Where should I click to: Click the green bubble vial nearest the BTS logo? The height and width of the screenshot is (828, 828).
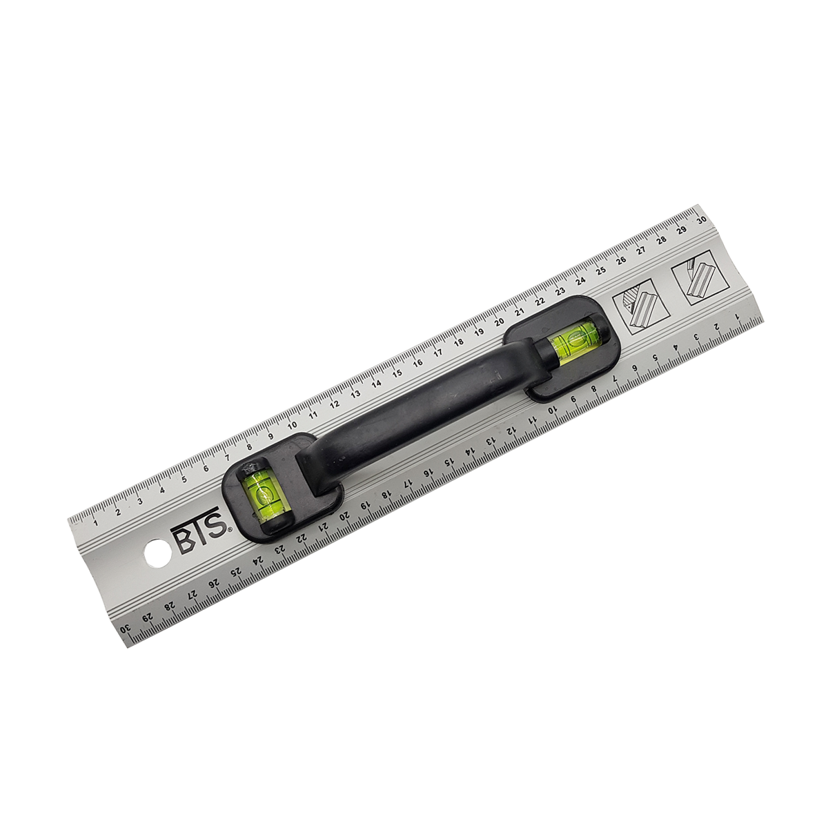coord(259,496)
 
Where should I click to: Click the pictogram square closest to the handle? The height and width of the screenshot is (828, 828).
coord(640,307)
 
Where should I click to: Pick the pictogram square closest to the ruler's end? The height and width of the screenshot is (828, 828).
coord(700,278)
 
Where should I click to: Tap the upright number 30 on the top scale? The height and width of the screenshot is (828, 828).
coord(702,219)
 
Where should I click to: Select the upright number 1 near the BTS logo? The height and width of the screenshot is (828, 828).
coord(95,522)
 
